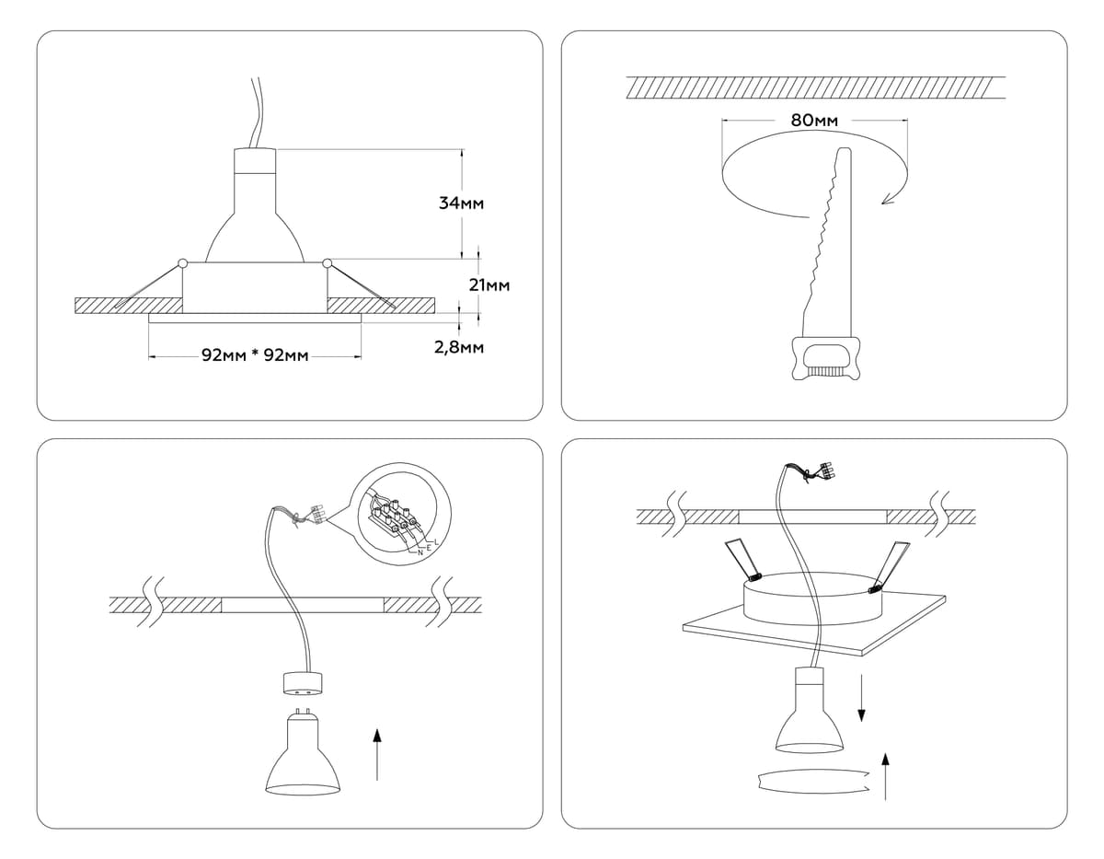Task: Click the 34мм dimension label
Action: [462, 203]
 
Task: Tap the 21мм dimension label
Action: [489, 285]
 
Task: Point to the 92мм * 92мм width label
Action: [255, 355]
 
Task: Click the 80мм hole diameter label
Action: [814, 120]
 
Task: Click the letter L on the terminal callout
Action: [435, 542]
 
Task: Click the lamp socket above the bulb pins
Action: [303, 683]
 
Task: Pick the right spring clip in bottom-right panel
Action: [889, 563]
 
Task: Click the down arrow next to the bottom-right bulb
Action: [861, 699]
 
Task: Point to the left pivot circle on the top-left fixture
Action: [183, 264]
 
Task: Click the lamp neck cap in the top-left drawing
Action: [255, 161]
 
